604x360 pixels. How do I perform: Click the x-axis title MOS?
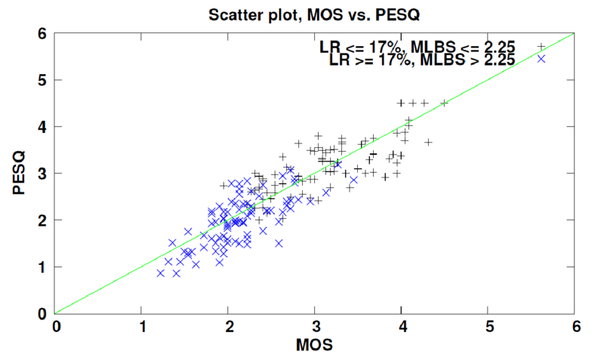[x=315, y=346]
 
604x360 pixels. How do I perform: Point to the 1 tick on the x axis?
[x=143, y=327]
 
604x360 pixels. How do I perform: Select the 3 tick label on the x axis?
[x=316, y=327]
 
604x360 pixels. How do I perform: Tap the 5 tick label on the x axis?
[x=488, y=327]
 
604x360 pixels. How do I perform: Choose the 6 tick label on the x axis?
[x=575, y=327]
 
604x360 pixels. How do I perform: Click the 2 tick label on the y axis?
[x=43, y=220]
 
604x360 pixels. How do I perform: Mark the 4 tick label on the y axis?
[x=43, y=127]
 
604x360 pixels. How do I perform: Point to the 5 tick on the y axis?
[x=43, y=80]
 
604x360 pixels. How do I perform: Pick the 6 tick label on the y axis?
[x=43, y=33]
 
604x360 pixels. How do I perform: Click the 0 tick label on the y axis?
[x=43, y=313]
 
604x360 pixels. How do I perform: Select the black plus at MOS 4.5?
[x=445, y=103]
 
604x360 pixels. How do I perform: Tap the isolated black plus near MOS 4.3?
[x=428, y=142]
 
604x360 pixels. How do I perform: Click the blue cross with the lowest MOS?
[x=161, y=272]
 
